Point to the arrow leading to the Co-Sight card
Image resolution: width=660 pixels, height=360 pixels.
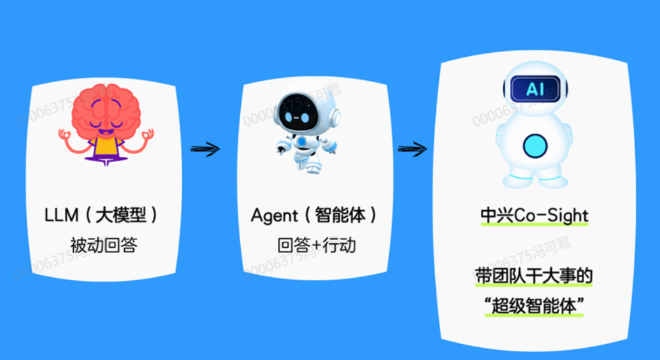pyautogui.click(x=412, y=149)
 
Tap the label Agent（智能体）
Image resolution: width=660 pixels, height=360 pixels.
pyautogui.click(x=314, y=215)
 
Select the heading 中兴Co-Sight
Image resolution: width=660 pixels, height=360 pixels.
pyautogui.click(x=534, y=216)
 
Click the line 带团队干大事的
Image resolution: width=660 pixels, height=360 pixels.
pyautogui.click(x=534, y=277)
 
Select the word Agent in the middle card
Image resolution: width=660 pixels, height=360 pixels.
pyautogui.click(x=275, y=215)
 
